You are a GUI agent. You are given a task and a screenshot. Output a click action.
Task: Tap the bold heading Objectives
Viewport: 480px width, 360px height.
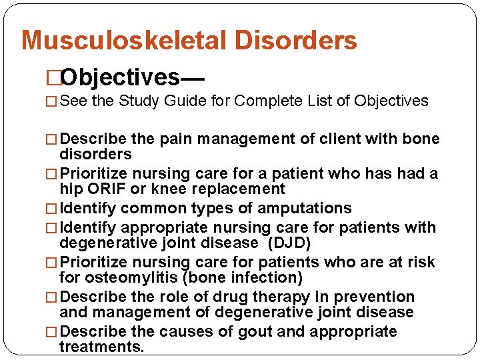(121, 77)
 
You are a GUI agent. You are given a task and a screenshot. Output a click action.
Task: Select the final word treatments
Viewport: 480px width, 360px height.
(101, 347)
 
